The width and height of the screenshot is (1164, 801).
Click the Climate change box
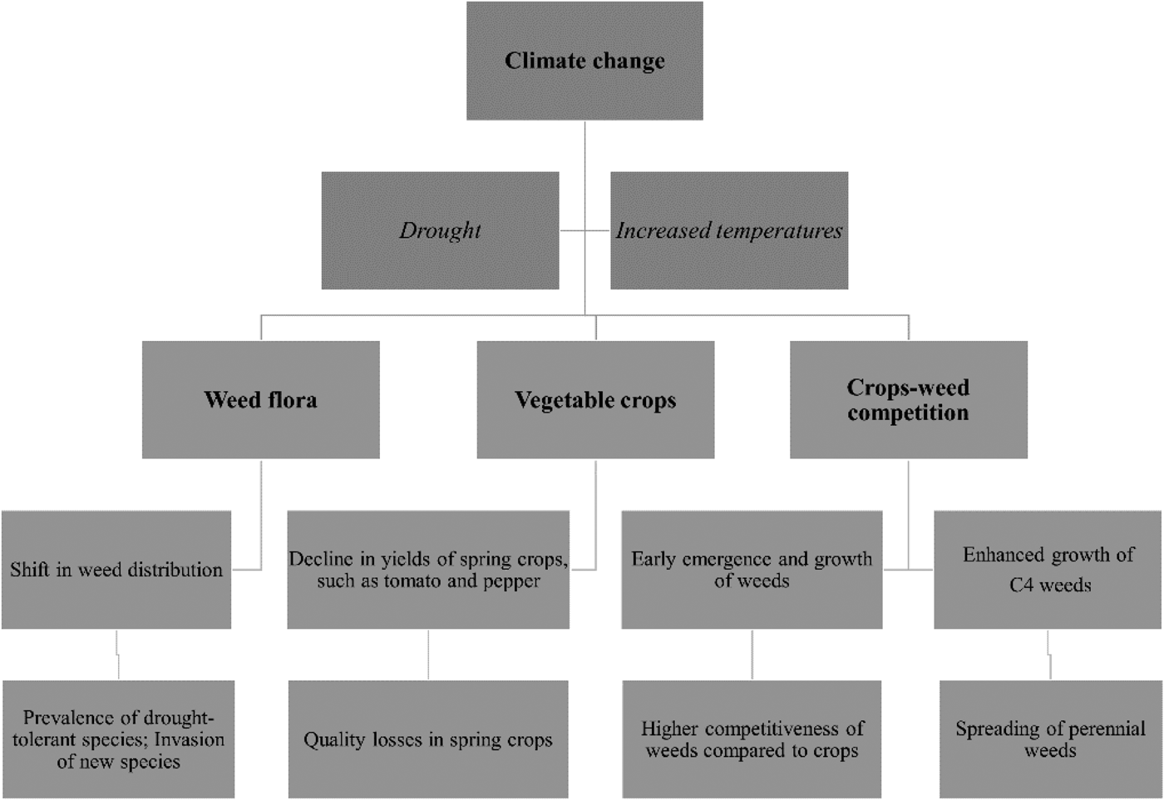584,61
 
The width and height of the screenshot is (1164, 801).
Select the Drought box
440,230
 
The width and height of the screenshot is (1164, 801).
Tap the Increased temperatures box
729,230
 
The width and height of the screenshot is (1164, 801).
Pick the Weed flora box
260,399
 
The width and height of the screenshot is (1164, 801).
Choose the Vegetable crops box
595,399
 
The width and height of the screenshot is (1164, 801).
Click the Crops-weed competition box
908,399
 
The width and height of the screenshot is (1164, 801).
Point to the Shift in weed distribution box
116,570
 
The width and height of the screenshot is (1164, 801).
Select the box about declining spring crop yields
428,570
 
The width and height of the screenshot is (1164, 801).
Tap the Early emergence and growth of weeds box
752,570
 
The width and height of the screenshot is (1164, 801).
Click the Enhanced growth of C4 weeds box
1048,570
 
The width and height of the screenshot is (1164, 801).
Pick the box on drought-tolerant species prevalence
118,739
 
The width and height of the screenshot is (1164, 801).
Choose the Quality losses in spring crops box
428,739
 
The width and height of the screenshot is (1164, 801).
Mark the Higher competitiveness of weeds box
752,739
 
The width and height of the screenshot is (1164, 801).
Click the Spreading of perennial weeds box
1050,739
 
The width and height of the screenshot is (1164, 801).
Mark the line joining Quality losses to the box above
428,655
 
